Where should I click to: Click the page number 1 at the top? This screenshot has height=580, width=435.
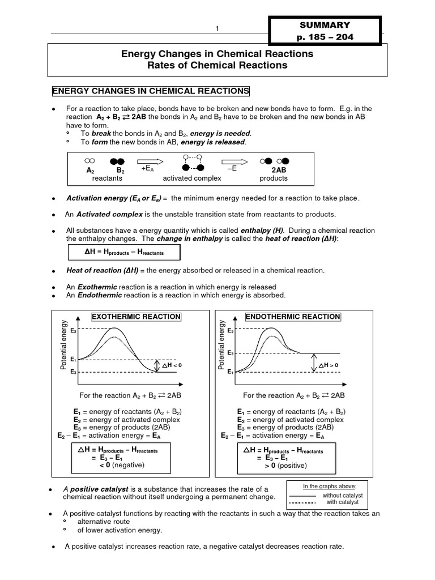tap(216, 29)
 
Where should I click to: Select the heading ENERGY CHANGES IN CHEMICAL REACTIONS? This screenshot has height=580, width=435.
tap(150, 91)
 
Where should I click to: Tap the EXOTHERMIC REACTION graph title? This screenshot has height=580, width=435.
tap(136, 317)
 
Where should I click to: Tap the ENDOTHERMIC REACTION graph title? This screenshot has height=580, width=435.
tap(292, 317)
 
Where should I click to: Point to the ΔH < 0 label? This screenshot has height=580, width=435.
tap(173, 365)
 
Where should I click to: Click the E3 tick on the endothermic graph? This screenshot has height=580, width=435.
tap(230, 352)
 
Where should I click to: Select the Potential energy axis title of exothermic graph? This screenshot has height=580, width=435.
tap(63, 346)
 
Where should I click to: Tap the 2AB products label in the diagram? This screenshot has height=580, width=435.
tap(274, 169)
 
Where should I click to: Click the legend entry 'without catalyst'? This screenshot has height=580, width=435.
tap(346, 495)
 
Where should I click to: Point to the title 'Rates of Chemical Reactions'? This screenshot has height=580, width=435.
tap(217, 65)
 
